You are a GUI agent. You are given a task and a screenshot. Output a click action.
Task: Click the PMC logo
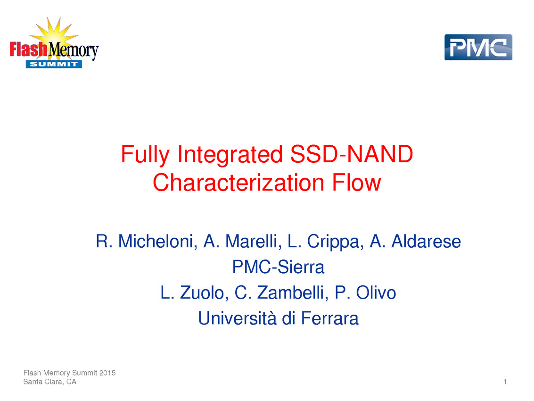(478, 47)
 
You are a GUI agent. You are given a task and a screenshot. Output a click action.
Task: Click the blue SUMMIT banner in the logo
(54, 64)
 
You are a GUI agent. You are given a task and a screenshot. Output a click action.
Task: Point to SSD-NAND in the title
(352, 154)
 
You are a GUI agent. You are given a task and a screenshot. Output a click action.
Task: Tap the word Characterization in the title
(238, 183)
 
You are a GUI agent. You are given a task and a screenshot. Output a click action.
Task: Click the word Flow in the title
(356, 183)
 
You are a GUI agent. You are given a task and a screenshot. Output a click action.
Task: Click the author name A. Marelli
(242, 242)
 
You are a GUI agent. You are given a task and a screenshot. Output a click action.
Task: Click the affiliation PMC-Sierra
(278, 267)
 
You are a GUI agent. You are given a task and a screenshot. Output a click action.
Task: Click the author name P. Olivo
(365, 292)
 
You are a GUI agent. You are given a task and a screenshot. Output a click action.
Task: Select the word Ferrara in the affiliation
(329, 318)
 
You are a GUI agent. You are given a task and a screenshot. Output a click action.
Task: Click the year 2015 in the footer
(107, 373)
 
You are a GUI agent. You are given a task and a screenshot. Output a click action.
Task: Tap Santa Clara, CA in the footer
(49, 382)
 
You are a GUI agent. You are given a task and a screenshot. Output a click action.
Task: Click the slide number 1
(505, 382)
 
